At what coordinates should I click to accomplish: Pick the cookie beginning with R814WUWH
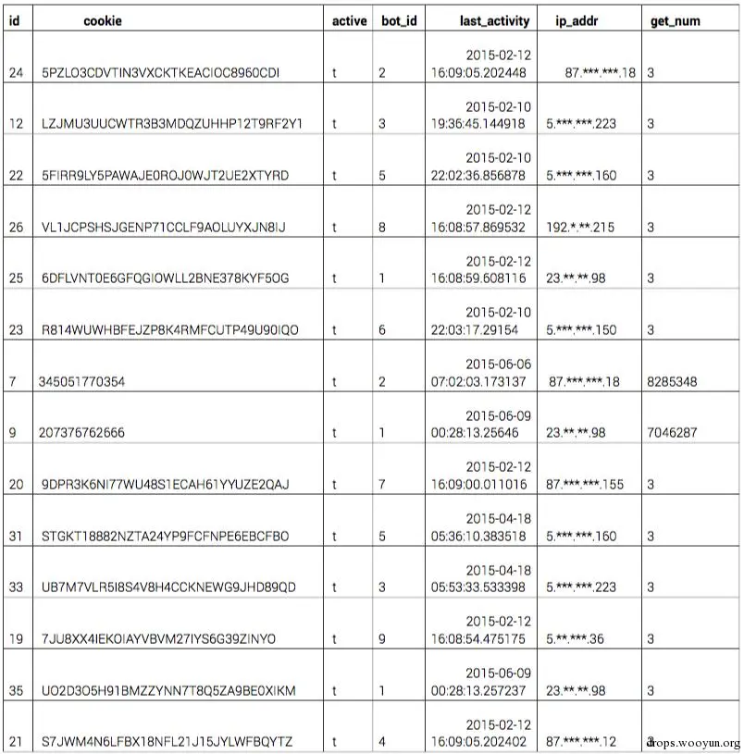click(x=170, y=329)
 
